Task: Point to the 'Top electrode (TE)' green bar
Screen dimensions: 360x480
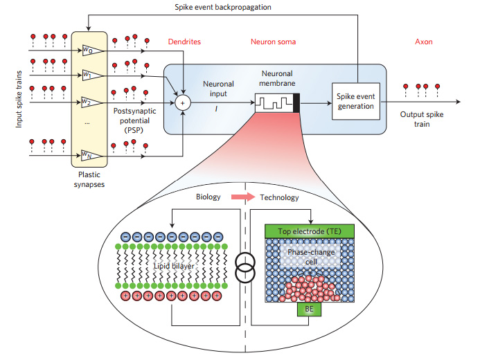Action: coord(309,231)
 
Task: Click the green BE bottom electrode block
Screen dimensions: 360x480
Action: coord(310,308)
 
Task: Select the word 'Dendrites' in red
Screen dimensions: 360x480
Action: coord(184,42)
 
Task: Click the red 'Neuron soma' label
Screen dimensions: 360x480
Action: coord(273,42)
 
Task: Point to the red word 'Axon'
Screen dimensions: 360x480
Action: coord(423,42)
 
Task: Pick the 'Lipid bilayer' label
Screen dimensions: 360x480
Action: coord(173,264)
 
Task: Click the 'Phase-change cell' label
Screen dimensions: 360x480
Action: coord(310,256)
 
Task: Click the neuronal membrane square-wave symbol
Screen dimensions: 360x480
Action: coord(275,103)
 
